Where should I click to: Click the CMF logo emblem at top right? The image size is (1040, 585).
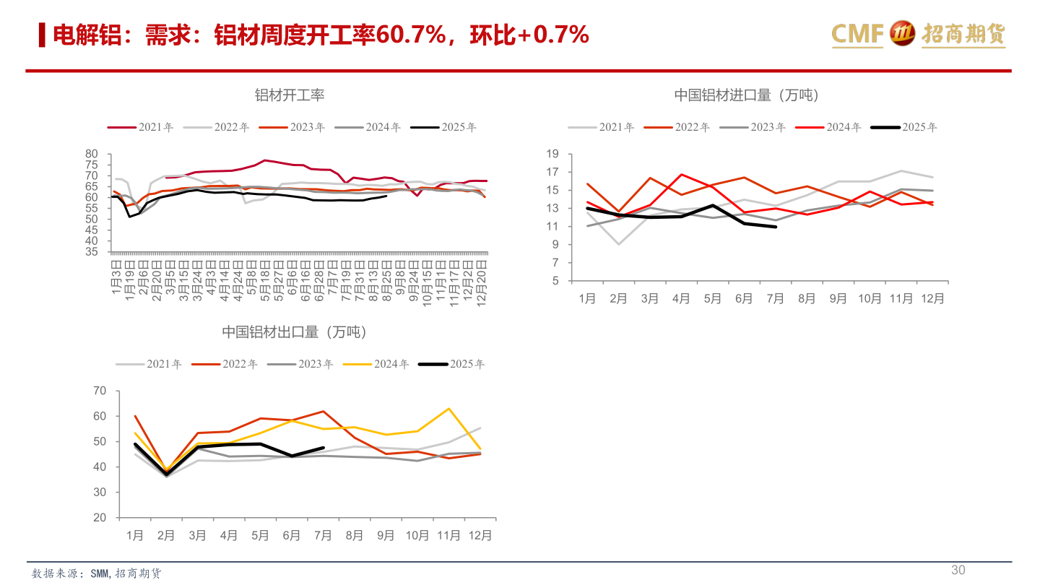point(901,34)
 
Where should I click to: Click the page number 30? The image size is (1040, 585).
point(958,571)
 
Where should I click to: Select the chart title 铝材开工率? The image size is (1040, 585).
point(289,95)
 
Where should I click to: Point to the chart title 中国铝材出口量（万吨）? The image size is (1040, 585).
point(294,332)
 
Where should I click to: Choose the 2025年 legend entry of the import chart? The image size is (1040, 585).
point(903,127)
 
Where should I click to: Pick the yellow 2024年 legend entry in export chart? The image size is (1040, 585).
point(376,364)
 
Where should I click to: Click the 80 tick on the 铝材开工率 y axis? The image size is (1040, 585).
point(91,154)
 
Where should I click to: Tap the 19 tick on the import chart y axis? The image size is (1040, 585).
point(552,154)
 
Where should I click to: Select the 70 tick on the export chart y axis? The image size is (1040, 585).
point(100,391)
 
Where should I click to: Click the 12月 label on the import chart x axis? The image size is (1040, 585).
point(932,298)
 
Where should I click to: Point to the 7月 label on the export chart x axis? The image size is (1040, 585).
point(324,535)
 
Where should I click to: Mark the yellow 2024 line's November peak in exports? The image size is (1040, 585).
point(449,409)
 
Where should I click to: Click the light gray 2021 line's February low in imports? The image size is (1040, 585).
point(619,244)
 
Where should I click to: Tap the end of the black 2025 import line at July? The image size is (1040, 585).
point(776,227)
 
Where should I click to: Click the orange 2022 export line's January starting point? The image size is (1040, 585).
point(135,416)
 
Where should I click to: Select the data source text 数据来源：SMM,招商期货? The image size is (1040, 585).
point(97,573)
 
